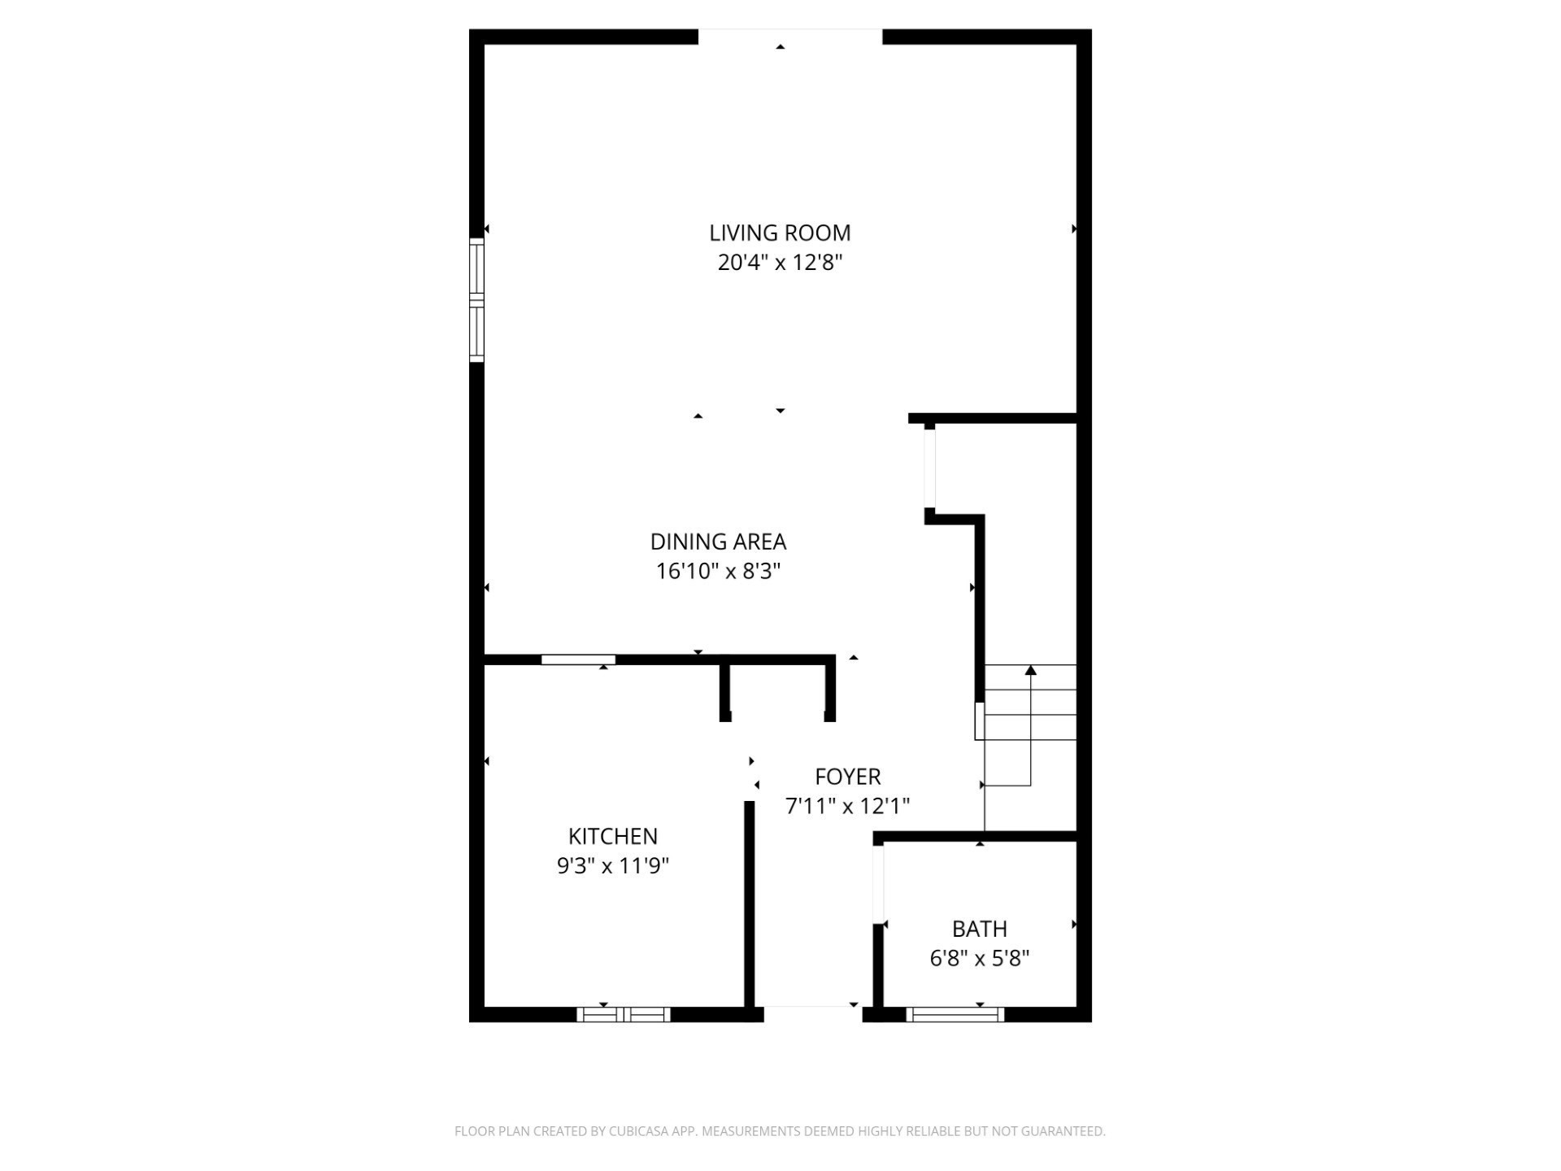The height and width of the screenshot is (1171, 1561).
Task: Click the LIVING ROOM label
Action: [x=780, y=233]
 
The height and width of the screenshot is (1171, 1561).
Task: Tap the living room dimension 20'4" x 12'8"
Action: [x=780, y=263]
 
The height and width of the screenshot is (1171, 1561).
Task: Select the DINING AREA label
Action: [x=718, y=542]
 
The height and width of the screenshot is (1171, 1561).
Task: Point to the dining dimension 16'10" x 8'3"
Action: [x=718, y=571]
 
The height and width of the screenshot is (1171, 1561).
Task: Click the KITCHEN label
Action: [x=612, y=836]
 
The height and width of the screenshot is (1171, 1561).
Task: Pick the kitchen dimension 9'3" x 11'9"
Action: [x=612, y=865]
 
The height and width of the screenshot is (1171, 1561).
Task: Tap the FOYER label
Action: [x=847, y=777]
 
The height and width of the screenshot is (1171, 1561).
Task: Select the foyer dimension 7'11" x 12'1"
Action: [x=847, y=806]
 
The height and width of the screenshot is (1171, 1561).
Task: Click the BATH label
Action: [x=979, y=929]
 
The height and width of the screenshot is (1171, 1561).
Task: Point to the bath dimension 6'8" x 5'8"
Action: [x=979, y=958]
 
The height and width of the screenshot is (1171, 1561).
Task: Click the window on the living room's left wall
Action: [x=476, y=299]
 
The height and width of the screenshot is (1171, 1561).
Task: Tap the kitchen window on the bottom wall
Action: [x=624, y=1014]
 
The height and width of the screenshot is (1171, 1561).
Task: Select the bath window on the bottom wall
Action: [x=955, y=1014]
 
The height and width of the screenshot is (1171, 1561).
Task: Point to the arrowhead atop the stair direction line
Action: [x=1031, y=670]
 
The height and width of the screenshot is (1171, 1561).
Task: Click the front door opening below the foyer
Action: [x=812, y=1013]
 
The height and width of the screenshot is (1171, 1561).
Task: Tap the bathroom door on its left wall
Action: [x=878, y=883]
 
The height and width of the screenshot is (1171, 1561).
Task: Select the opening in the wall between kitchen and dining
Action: [x=578, y=660]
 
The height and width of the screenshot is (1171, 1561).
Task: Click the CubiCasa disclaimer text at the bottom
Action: [x=780, y=1131]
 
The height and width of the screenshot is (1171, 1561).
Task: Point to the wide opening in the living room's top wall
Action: [x=789, y=37]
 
